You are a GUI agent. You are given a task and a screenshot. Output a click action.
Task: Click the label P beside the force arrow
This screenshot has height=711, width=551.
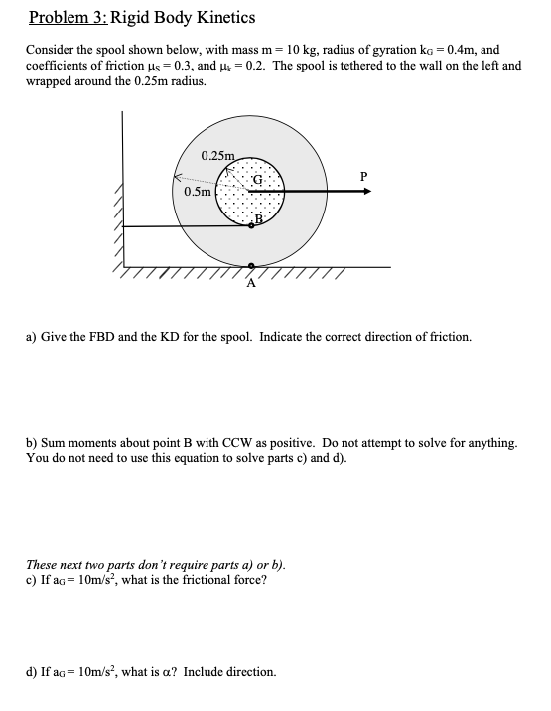(364, 177)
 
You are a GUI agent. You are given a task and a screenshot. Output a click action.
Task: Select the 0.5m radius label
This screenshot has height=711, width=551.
(198, 192)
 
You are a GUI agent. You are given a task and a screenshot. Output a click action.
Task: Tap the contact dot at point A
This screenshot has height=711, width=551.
(251, 266)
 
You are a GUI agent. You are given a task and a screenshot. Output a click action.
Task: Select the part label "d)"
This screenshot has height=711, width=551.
(32, 672)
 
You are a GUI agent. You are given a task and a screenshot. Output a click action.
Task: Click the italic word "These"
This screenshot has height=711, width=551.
(43, 564)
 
